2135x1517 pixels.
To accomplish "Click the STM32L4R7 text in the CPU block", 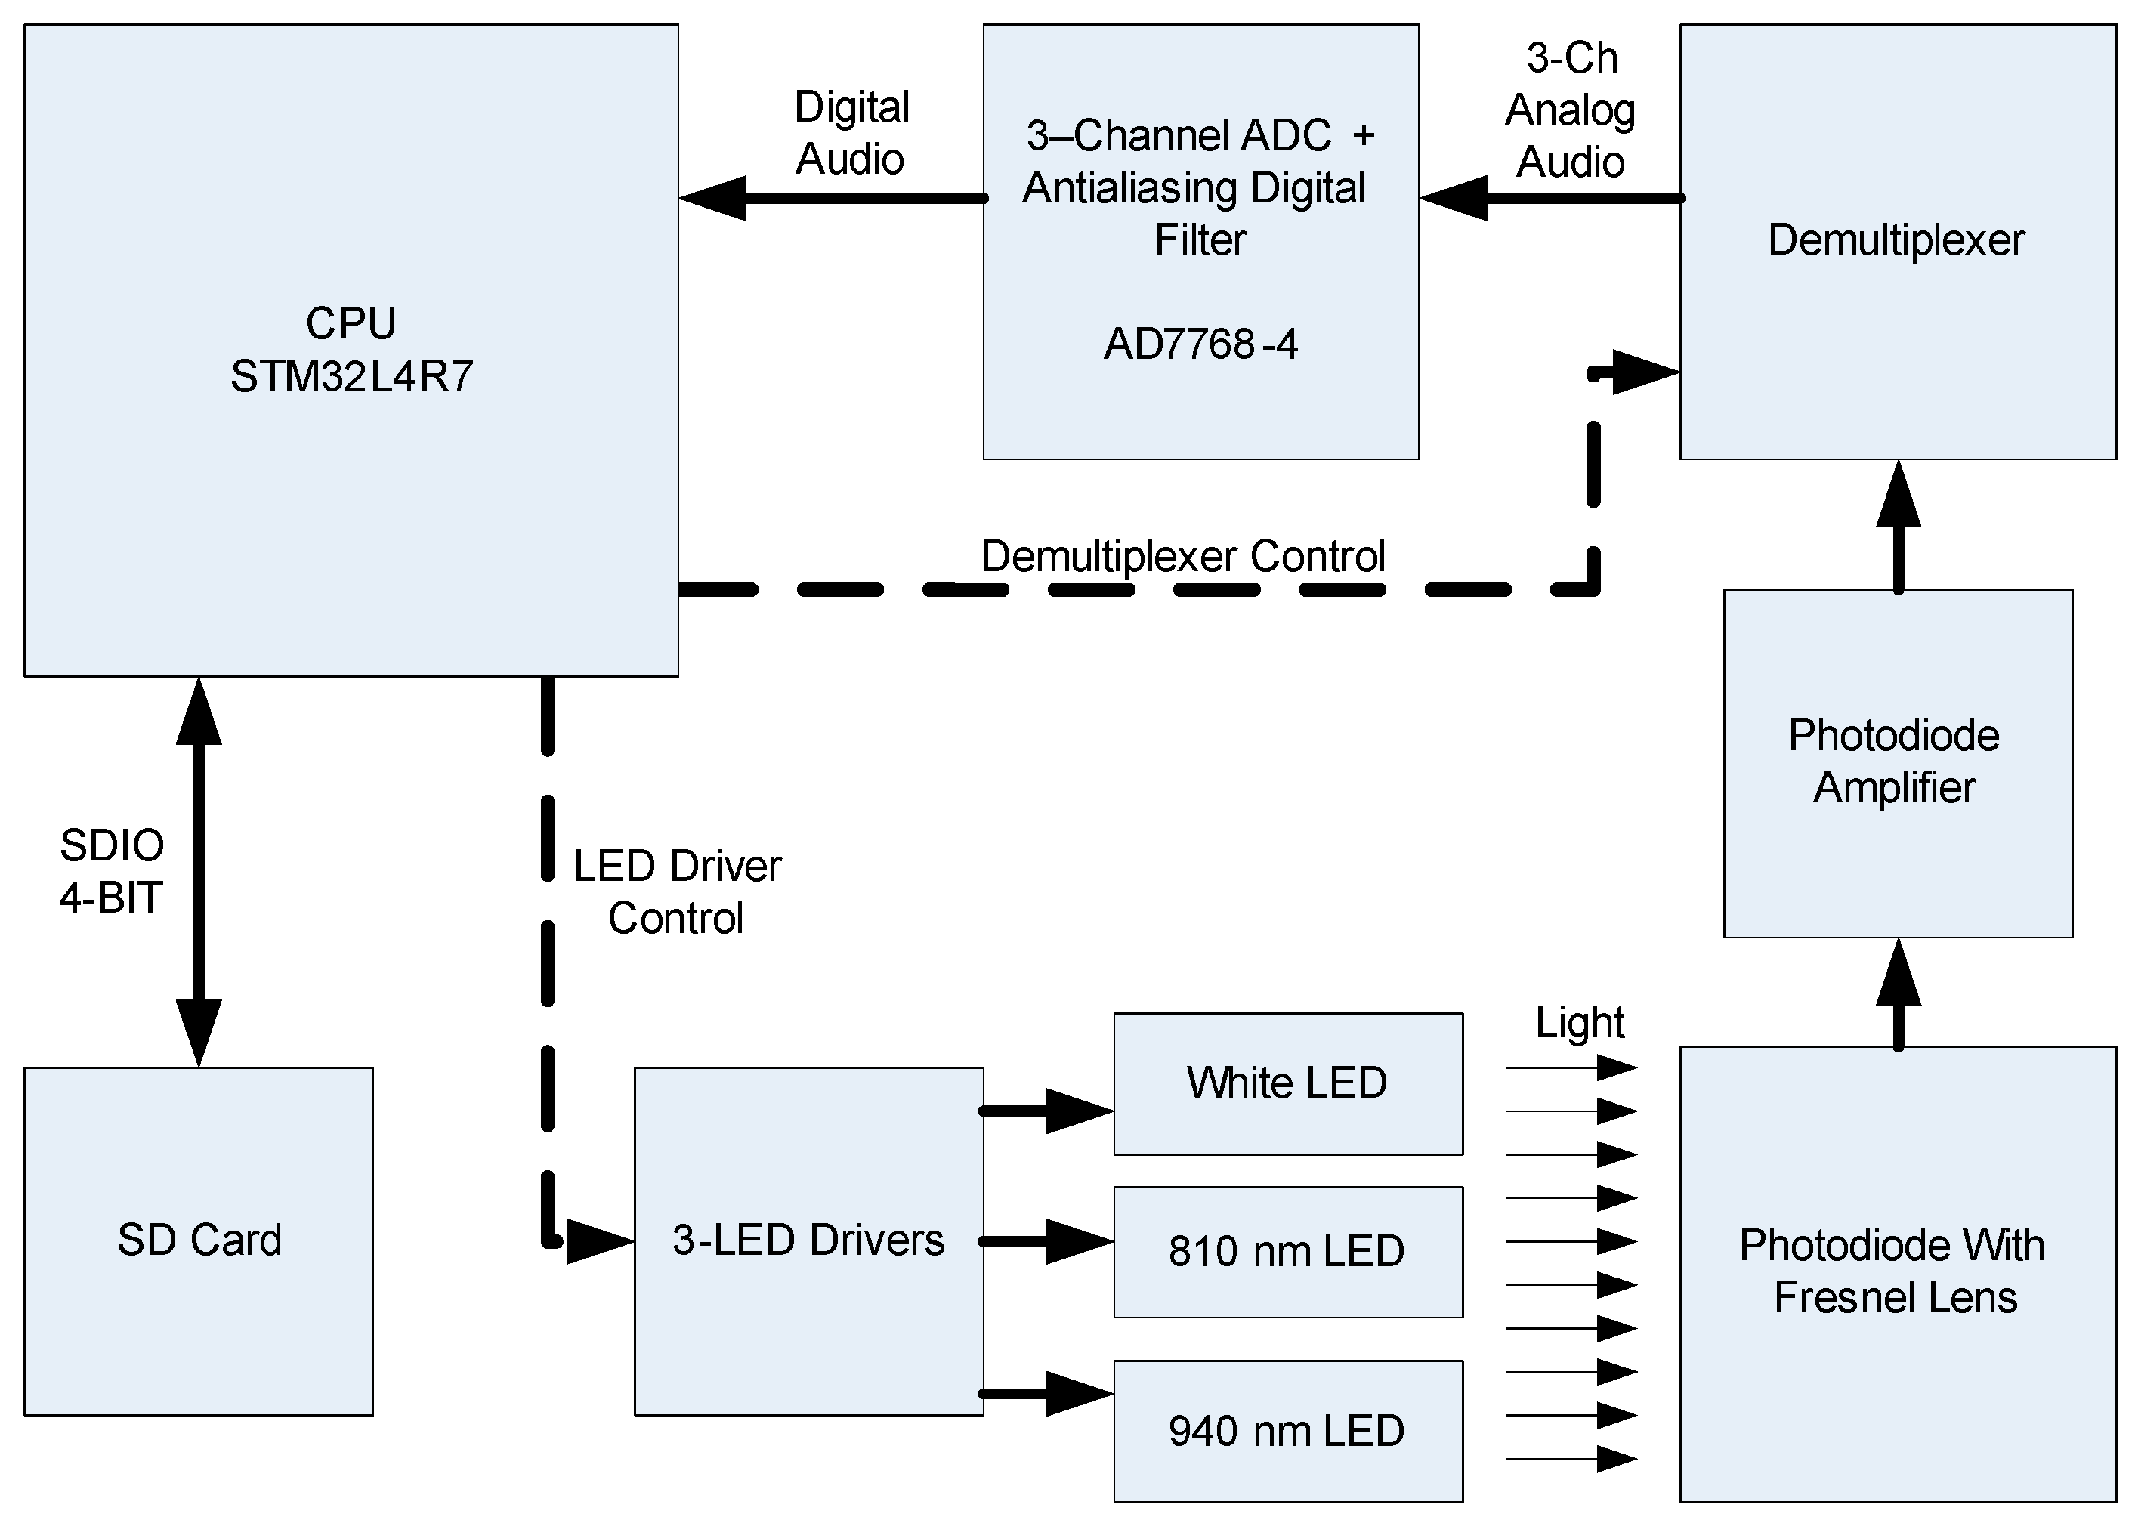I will (x=351, y=376).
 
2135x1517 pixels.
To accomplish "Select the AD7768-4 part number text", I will (x=1200, y=344).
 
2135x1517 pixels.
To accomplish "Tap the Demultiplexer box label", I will (x=1896, y=240).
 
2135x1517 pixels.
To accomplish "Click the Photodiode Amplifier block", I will (x=1896, y=762).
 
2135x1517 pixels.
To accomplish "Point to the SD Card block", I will (x=199, y=1240).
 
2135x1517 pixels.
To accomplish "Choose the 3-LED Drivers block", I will (x=809, y=1240).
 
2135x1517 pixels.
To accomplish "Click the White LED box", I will (x=1287, y=1083).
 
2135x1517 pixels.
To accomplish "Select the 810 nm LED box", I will (x=1287, y=1252).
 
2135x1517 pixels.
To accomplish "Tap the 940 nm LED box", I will (x=1287, y=1431).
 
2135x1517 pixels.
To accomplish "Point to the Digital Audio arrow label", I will (x=851, y=133).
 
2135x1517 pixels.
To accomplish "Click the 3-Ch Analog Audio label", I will (x=1571, y=110).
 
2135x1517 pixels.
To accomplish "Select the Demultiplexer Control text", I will (x=1182, y=557).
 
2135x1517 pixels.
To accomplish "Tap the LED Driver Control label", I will (x=677, y=892).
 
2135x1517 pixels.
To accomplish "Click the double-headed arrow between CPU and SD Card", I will (x=199, y=872).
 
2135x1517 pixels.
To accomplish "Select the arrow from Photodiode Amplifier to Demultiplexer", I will (x=1898, y=528).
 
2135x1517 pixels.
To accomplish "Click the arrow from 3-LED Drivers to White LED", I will (x=1046, y=1111).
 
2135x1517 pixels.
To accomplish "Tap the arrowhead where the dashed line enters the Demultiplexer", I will (x=1644, y=372).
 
